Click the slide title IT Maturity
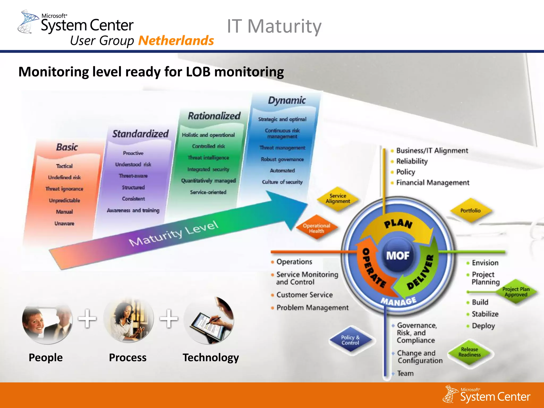[x=274, y=26]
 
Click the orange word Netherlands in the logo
[x=176, y=41]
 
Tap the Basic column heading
[x=67, y=147]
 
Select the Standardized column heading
[x=140, y=134]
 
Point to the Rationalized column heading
[x=214, y=116]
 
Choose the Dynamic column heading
[x=287, y=100]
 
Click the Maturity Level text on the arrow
[x=174, y=233]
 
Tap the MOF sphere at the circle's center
[x=398, y=256]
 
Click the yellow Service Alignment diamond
[x=338, y=199]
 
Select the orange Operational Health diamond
[x=316, y=228]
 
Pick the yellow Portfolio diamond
[x=470, y=211]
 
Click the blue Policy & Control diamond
[x=350, y=340]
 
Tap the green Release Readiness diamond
[x=469, y=352]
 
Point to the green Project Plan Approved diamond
[x=516, y=292]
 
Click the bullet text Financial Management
[x=433, y=183]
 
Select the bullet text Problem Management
[x=312, y=308]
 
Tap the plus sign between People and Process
[x=87, y=318]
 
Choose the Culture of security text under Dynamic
[x=282, y=182]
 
